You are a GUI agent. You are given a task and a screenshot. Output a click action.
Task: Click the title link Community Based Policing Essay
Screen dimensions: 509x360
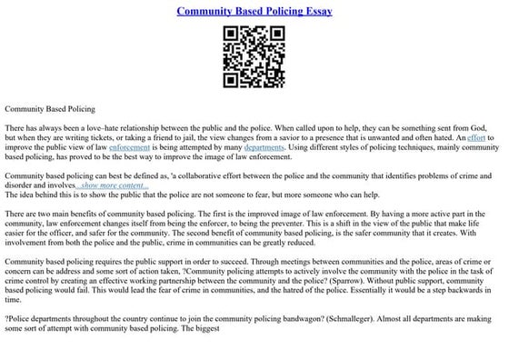click(x=254, y=11)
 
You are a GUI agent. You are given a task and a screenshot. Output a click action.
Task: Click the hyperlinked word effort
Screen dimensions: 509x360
click(x=477, y=136)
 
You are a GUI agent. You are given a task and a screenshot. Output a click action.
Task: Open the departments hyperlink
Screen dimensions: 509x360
click(x=264, y=146)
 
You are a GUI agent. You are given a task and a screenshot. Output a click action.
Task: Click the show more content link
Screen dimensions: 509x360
click(x=126, y=185)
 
